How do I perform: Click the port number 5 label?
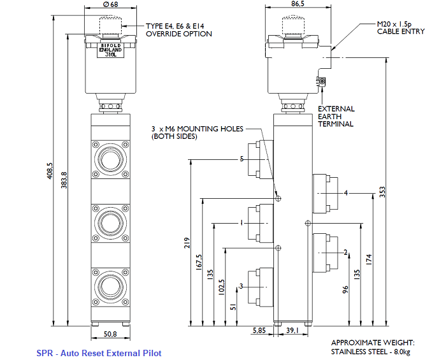tap(241, 159)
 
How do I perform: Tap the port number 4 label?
tap(345, 192)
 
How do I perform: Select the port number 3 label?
tap(241, 286)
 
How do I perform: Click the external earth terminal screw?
tap(322, 82)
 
